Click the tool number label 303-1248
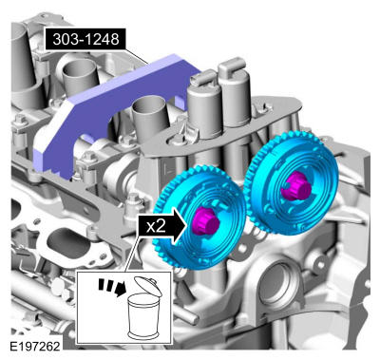click(85, 39)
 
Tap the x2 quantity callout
click(156, 226)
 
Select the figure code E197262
click(34, 346)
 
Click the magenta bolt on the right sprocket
click(296, 186)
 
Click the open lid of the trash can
click(148, 286)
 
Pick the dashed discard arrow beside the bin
click(112, 287)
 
